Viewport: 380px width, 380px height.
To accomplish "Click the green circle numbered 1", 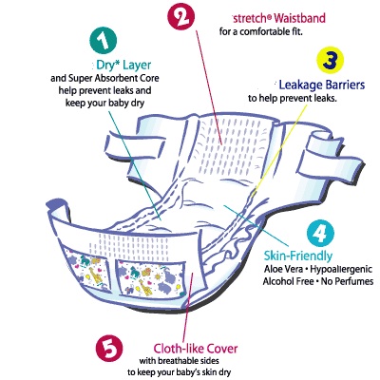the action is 104,40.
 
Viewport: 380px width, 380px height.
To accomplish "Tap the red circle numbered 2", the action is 180,17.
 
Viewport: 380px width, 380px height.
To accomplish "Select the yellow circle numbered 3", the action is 331,60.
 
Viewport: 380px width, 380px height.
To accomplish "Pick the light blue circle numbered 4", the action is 320,234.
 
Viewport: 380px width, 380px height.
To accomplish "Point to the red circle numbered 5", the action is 109,350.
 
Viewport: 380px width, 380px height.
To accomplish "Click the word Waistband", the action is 299,18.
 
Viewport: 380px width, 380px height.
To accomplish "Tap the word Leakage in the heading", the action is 299,85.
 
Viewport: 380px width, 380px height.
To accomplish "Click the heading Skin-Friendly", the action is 298,256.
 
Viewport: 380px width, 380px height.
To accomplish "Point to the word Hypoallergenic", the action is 341,270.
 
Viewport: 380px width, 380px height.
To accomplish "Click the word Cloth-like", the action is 179,349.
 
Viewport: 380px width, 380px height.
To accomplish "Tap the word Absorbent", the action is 114,78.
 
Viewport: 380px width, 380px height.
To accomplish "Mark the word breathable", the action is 179,361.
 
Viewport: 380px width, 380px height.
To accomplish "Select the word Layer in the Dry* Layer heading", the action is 137,66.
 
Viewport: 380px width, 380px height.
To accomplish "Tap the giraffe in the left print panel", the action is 92,274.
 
